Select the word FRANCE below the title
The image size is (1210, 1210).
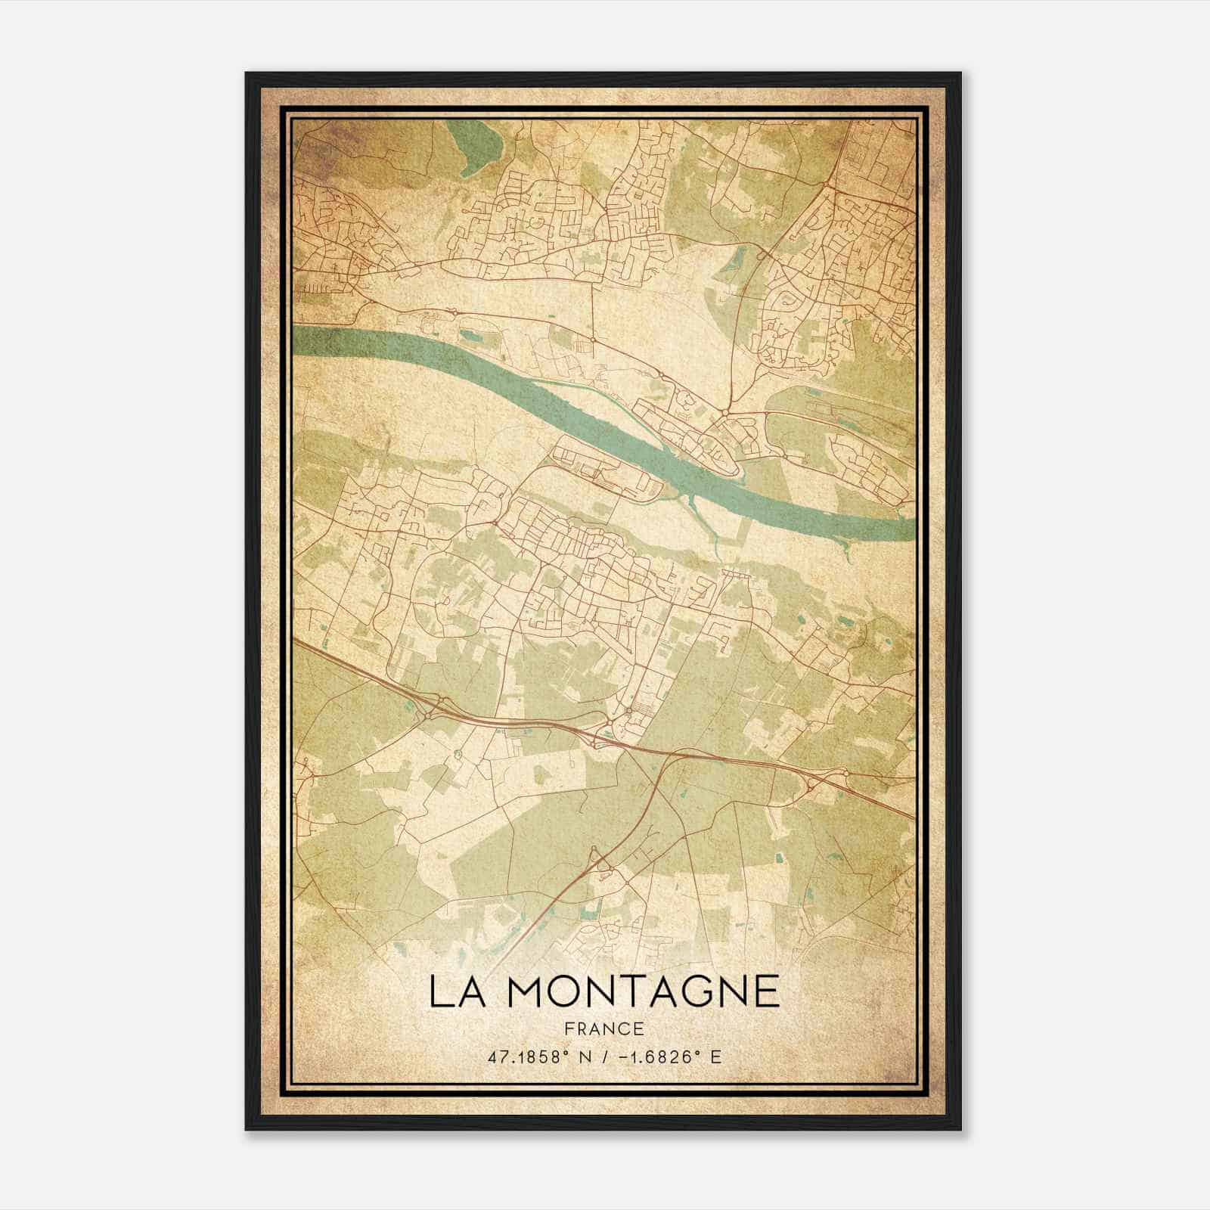tap(604, 1028)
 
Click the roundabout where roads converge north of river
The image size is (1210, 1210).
tap(725, 411)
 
